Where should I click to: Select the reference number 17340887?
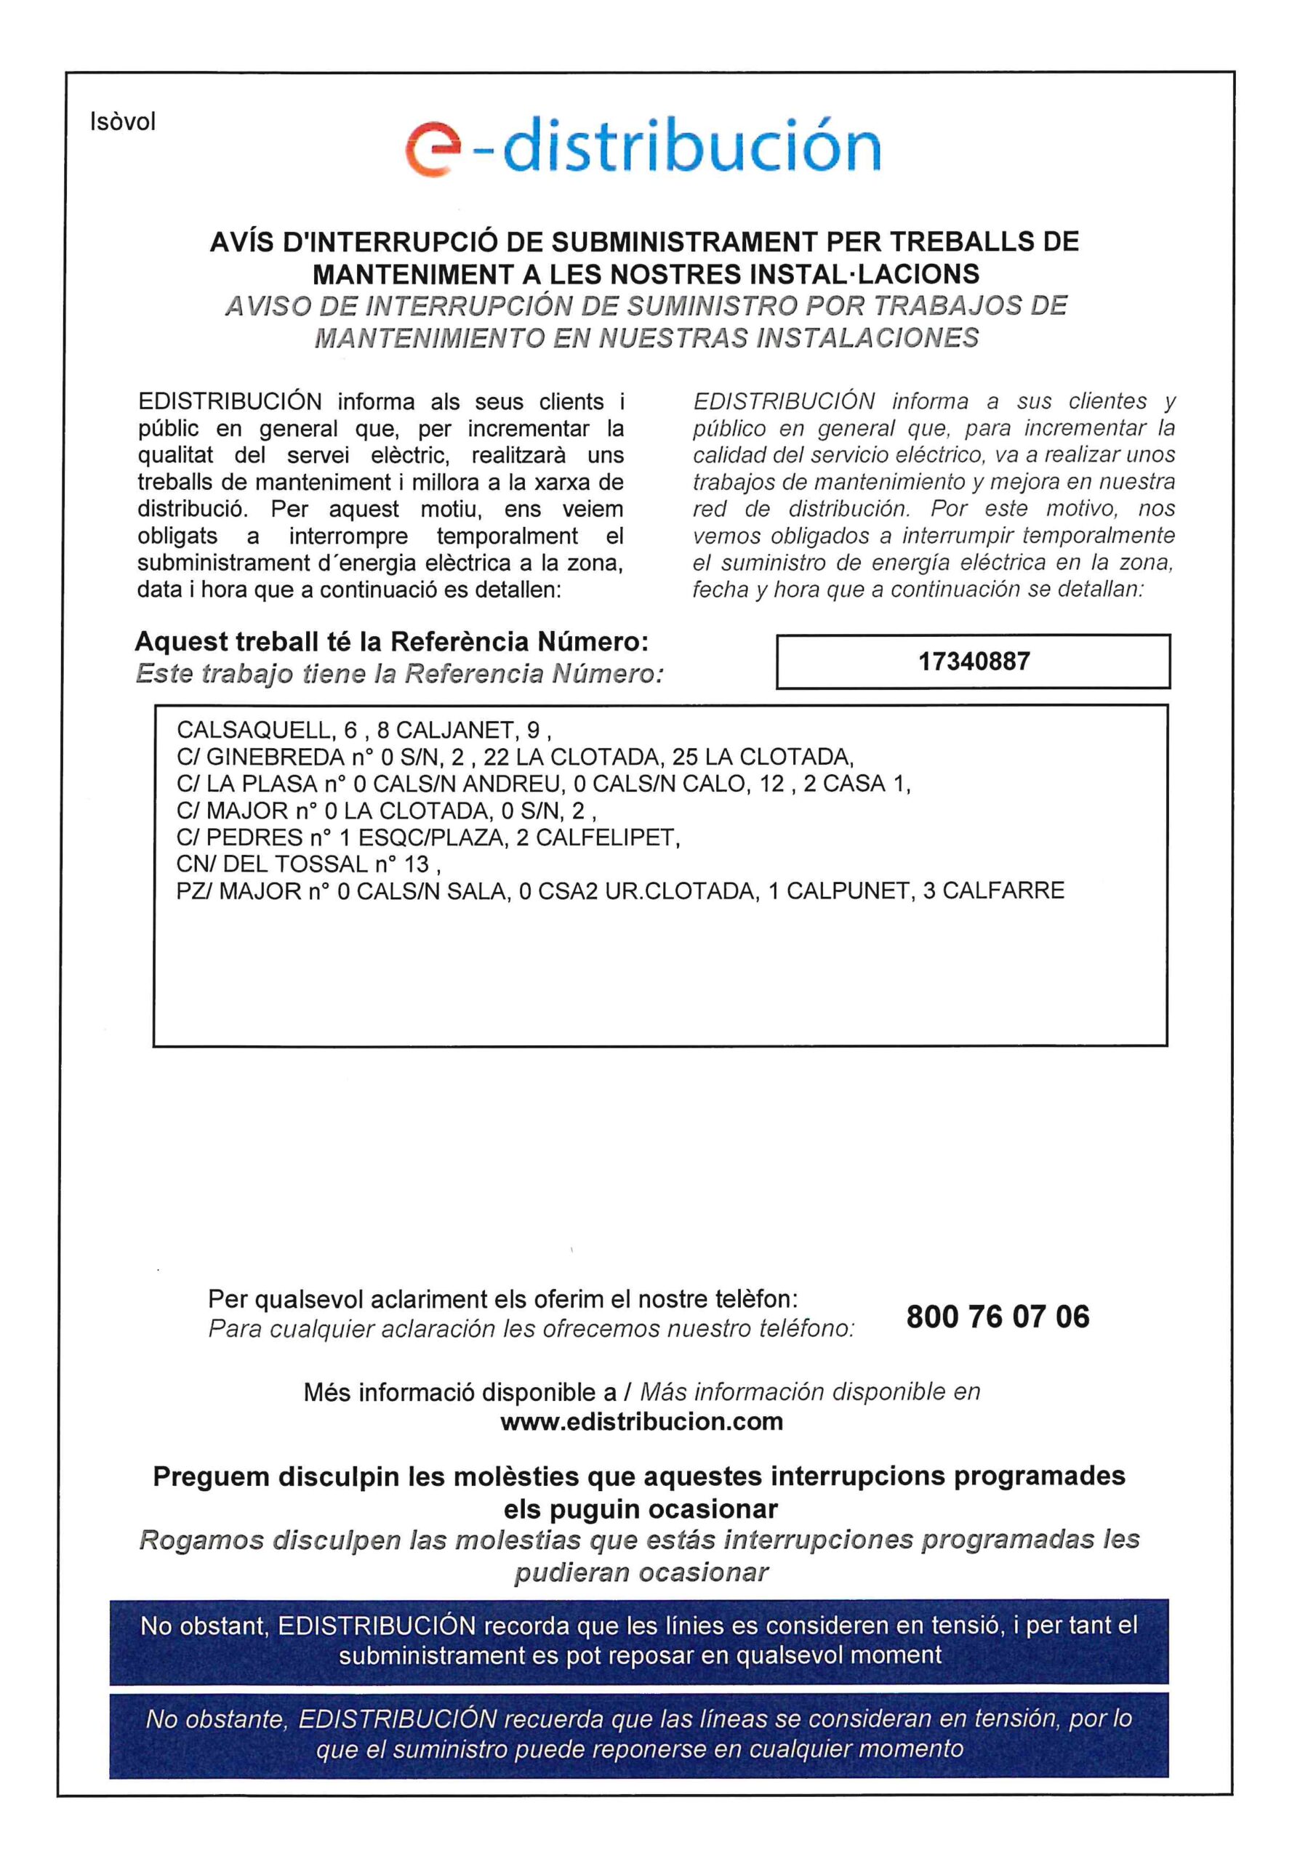(973, 662)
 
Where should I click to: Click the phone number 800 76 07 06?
(998, 1317)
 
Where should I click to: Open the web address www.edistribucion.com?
(641, 1422)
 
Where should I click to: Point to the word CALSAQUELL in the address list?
(253, 731)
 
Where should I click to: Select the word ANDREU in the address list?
(521, 784)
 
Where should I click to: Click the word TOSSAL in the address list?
(321, 864)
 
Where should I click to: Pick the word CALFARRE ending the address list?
(1003, 891)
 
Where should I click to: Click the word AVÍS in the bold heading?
(248, 242)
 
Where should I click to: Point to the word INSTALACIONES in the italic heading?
(867, 337)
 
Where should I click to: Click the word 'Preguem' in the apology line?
(209, 1476)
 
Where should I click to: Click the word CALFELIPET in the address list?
(607, 837)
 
